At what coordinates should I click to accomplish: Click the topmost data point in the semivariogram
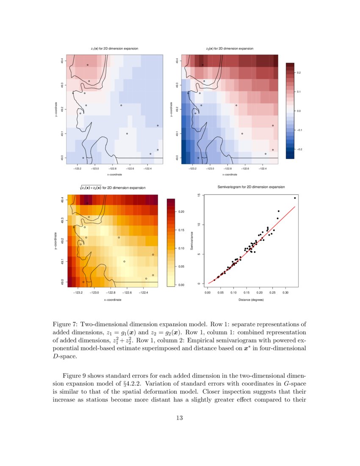295,198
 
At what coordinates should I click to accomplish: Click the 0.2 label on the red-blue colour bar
299,73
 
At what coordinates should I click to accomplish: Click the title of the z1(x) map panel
114,49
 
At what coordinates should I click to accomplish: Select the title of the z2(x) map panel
230,49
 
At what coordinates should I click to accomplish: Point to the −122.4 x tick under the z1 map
148,169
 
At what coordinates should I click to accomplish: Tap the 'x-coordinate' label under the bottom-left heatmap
114,300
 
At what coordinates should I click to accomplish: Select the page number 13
179,418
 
